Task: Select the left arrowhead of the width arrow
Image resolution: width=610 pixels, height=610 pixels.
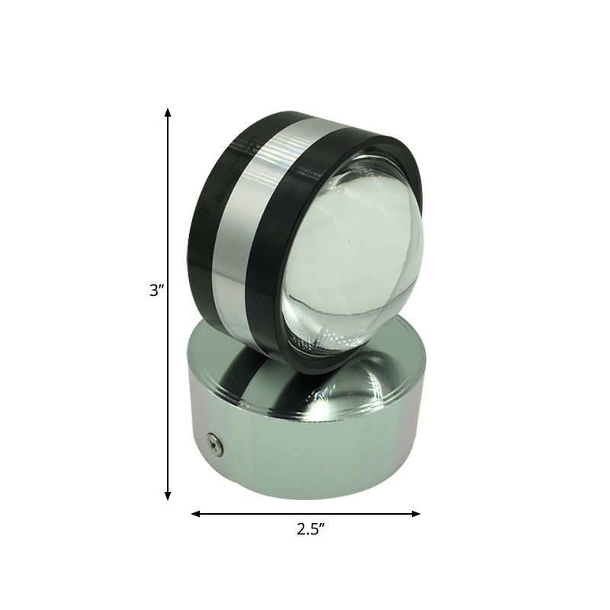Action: click(x=195, y=514)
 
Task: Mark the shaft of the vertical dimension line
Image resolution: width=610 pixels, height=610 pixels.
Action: click(x=168, y=229)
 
